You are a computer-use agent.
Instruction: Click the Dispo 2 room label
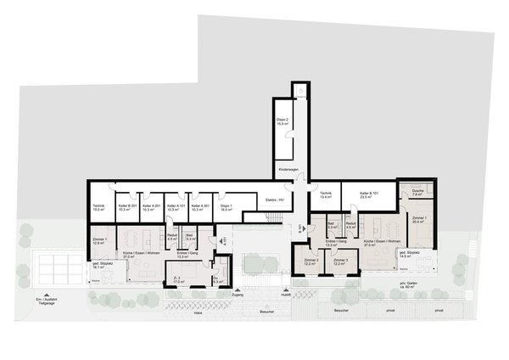coord(282,122)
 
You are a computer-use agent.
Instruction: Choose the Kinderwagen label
coord(288,171)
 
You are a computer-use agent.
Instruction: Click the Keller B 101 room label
coord(367,195)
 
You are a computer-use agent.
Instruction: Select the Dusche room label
coord(416,192)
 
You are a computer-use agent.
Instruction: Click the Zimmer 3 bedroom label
coord(341,262)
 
